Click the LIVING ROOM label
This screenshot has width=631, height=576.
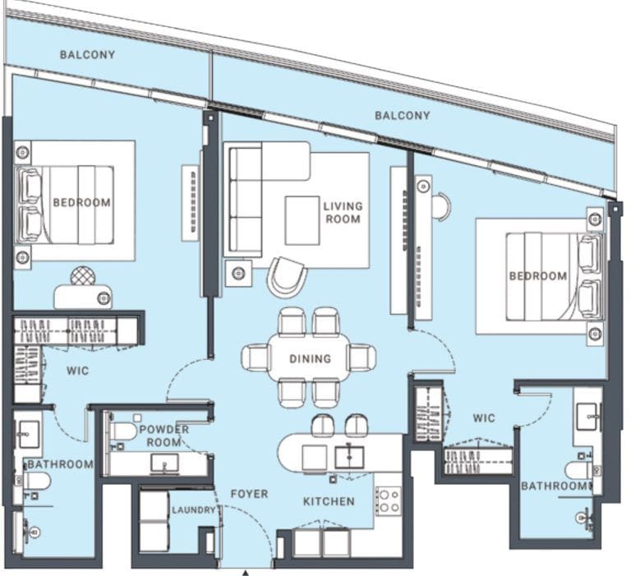[343, 213]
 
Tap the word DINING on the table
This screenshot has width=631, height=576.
[311, 358]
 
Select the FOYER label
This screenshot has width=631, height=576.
[249, 494]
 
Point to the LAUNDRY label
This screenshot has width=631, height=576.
[194, 510]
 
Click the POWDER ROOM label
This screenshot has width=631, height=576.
[164, 436]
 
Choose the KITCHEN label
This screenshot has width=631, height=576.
[329, 501]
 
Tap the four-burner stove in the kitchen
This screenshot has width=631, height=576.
[389, 500]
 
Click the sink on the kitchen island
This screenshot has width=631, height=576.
[349, 457]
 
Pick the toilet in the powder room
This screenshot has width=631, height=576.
[123, 431]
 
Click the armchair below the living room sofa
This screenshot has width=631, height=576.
[287, 278]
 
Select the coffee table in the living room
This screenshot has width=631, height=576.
[302, 220]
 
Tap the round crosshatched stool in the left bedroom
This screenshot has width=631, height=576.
[83, 276]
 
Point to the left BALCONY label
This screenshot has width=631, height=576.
[87, 55]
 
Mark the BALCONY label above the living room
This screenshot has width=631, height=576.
[403, 116]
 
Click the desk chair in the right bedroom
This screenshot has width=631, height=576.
[444, 206]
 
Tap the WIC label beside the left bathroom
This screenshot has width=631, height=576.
[78, 371]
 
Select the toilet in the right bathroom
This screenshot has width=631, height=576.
[580, 470]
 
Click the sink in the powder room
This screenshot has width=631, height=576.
[164, 463]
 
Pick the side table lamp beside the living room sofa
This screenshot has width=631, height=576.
[238, 274]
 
